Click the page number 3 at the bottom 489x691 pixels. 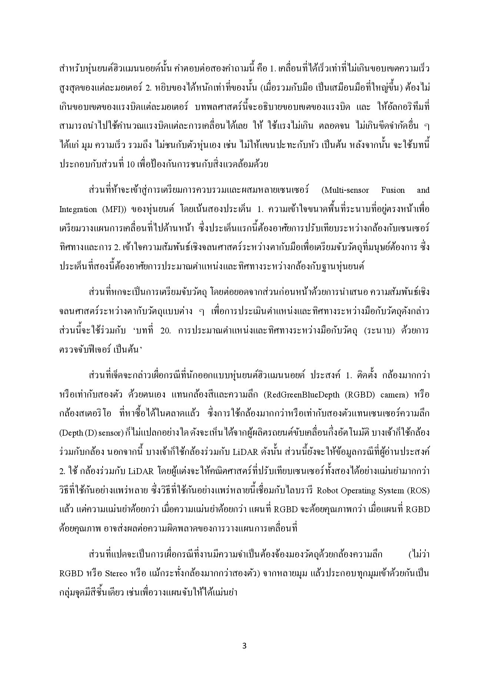[244, 646]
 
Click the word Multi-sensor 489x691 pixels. [346, 190]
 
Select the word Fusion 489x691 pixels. [393, 190]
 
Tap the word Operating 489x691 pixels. [360, 491]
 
